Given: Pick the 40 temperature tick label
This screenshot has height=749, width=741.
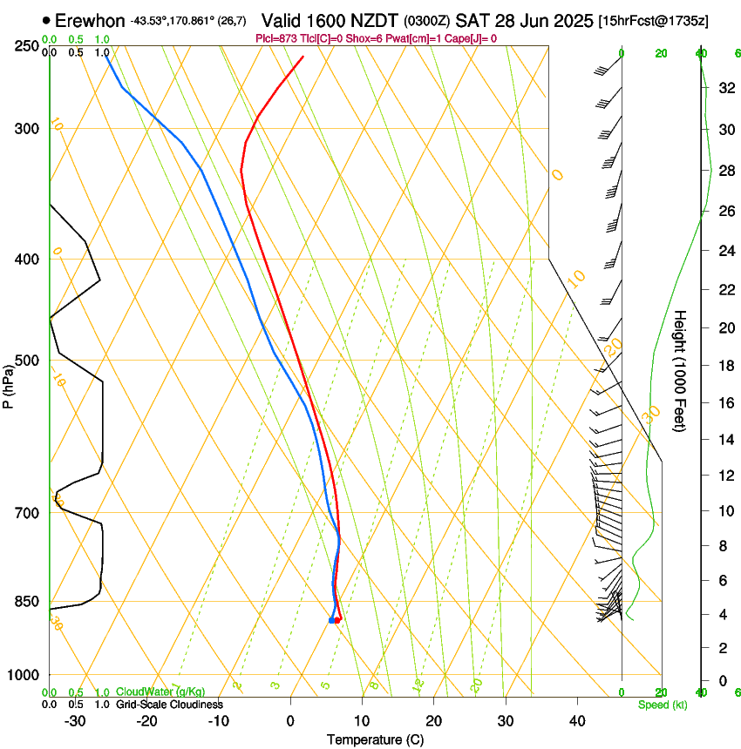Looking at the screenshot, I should (576, 721).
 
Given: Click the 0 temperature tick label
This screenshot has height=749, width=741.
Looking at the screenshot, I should (290, 721).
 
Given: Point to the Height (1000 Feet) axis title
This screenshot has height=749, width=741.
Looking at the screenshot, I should (681, 371).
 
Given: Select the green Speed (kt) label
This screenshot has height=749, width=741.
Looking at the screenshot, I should (662, 705).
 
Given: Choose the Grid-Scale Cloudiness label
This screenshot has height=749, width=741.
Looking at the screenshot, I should (168, 705).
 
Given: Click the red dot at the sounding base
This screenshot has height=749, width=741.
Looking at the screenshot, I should (337, 619).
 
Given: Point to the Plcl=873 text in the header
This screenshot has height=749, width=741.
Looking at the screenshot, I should (277, 38).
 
